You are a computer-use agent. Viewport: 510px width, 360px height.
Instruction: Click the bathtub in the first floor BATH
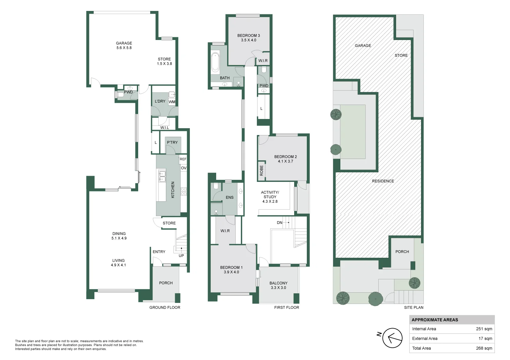[x=215, y=62]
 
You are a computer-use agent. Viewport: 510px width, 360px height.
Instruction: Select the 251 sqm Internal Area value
[x=484, y=329]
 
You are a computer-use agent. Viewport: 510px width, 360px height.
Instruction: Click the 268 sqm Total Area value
[x=484, y=348]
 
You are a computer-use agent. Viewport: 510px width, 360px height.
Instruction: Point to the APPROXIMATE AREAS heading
[x=434, y=320]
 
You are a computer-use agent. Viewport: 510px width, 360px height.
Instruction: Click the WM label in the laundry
[x=172, y=102]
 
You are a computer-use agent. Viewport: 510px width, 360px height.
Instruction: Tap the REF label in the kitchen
[x=183, y=159]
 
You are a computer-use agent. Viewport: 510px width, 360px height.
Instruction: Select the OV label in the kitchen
[x=183, y=168]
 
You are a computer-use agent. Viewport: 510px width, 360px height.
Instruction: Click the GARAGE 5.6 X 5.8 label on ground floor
[x=124, y=45]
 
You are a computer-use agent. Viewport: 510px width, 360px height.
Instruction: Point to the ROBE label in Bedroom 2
[x=262, y=171]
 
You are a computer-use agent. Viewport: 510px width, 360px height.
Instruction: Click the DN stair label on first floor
[x=279, y=223]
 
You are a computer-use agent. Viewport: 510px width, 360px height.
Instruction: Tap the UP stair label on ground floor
[x=181, y=256]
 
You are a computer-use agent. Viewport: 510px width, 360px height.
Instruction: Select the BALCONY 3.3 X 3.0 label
[x=278, y=285]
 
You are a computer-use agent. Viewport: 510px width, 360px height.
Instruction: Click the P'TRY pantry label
[x=172, y=143]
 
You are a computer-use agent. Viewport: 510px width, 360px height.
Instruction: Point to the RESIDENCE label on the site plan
[x=383, y=181]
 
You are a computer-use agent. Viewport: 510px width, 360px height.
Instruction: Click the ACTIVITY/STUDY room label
[x=270, y=197]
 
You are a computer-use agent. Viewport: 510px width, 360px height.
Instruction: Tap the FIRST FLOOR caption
[x=286, y=308]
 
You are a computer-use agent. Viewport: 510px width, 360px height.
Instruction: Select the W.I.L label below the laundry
[x=165, y=128]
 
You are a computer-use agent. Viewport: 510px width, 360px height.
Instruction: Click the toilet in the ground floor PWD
[x=120, y=95]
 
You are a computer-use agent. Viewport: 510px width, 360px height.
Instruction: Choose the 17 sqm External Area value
[x=485, y=338]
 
